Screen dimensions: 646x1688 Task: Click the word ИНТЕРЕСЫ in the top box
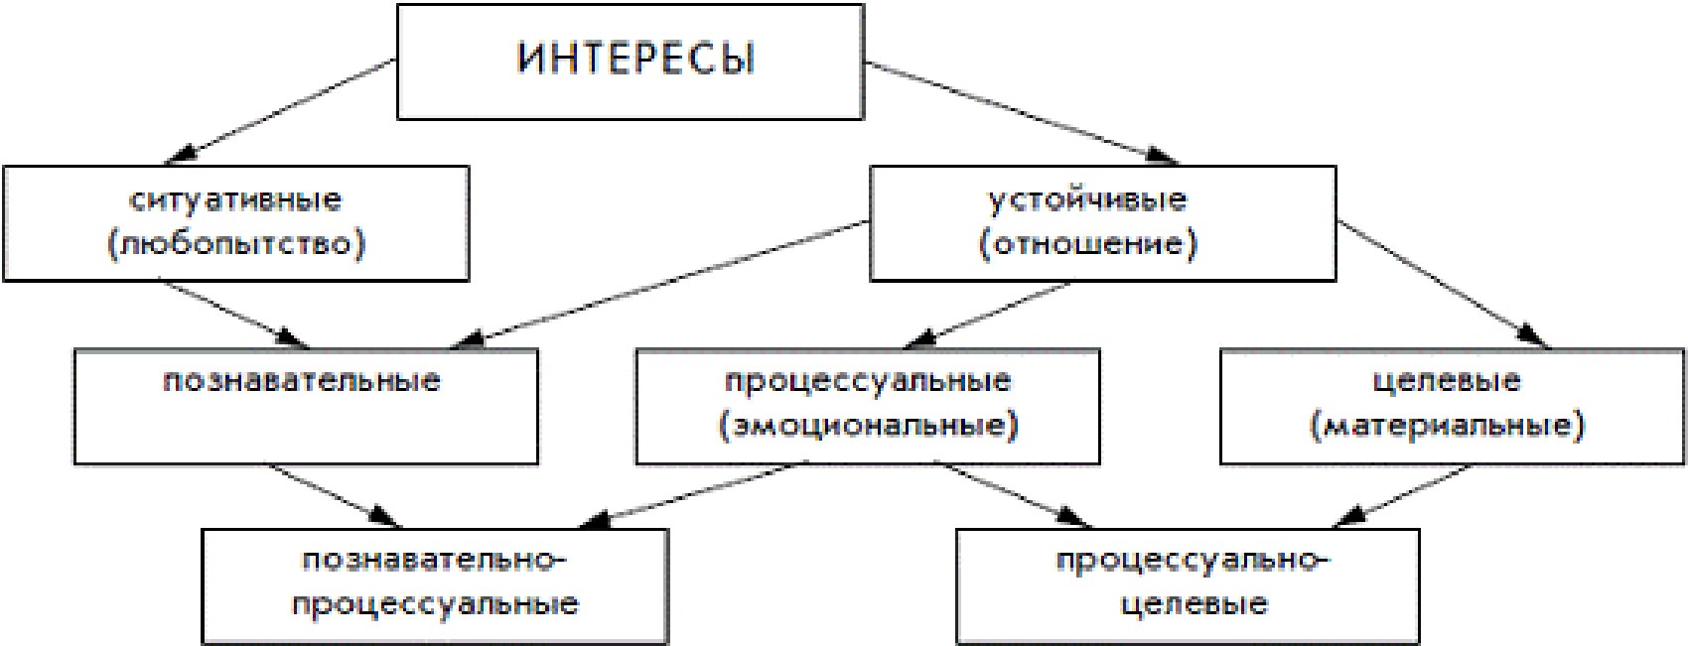point(635,59)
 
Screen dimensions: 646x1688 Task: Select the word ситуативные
point(235,199)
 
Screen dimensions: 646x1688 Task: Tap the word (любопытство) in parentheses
point(236,243)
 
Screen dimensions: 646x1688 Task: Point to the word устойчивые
point(1087,199)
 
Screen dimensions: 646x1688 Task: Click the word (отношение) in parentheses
point(1088,243)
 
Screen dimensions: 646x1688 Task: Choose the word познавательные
point(302,381)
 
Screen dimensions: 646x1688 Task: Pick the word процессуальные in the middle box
point(868,381)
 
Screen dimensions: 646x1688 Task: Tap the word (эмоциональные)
point(869,426)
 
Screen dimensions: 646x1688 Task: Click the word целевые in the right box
point(1447,381)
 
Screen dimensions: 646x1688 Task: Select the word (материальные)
point(1448,426)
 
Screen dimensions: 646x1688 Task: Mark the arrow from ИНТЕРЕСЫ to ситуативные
point(288,110)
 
